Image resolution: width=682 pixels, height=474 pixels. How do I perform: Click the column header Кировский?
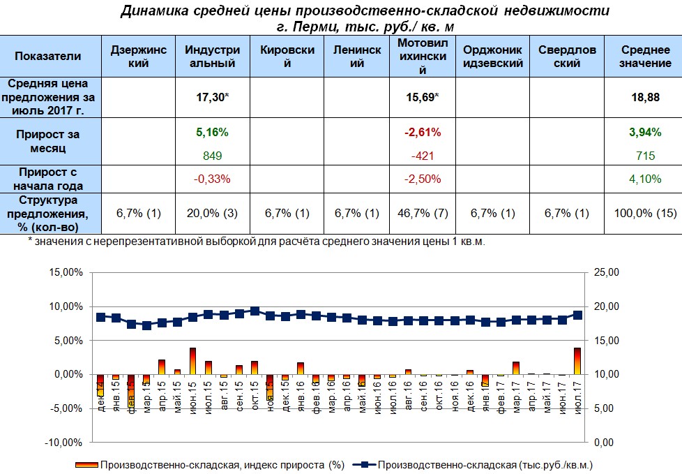(287, 57)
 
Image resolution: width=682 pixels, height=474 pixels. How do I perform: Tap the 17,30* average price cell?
(213, 98)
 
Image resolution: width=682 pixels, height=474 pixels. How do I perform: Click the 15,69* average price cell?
(422, 98)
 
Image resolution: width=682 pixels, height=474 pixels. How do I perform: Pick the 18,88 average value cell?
(641, 98)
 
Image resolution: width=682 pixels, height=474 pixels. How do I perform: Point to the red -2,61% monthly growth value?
(422, 131)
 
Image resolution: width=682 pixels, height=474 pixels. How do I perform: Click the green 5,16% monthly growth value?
(212, 131)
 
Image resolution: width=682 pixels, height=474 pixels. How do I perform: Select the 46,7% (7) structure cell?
(422, 213)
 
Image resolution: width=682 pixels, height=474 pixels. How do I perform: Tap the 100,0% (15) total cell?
(641, 213)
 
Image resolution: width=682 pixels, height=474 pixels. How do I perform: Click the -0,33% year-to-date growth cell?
(212, 179)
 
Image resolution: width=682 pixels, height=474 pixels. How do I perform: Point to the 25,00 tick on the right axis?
(604, 272)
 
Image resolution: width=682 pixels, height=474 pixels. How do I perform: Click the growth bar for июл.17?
(577, 362)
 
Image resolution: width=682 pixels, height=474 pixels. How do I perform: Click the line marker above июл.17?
(577, 315)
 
